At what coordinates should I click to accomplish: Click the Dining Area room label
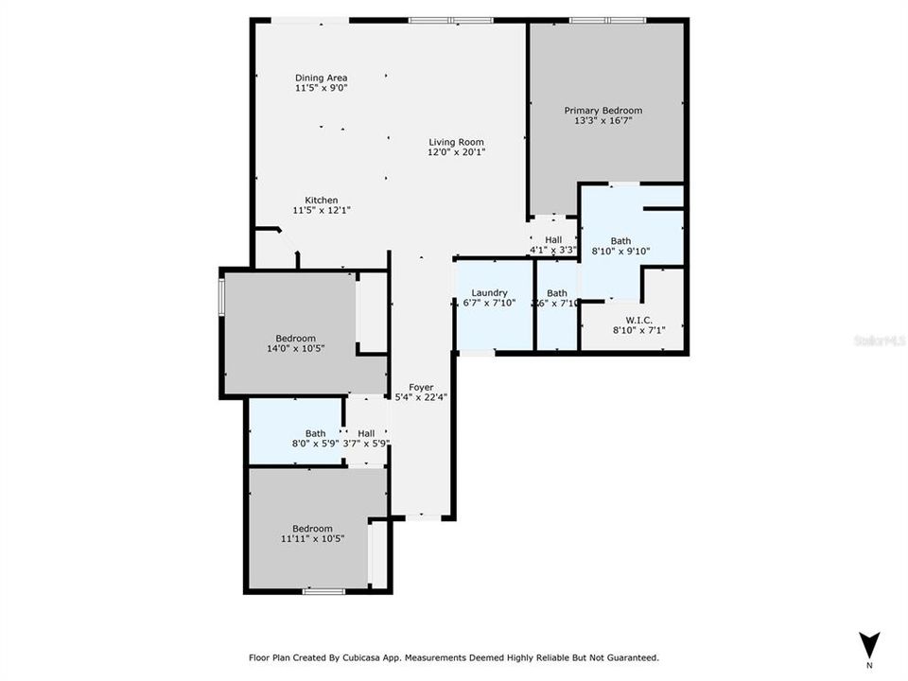(321, 78)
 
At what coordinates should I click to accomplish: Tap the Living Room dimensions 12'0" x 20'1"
(456, 152)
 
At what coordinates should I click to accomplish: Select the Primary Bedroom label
(602, 111)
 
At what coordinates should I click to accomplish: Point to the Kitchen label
(321, 200)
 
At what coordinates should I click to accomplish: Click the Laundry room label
(489, 293)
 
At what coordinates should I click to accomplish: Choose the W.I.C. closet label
(633, 320)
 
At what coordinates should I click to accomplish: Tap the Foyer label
(421, 387)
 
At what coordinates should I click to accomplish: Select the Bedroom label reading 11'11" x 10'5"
(312, 539)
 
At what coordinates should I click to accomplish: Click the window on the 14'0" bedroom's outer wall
(221, 295)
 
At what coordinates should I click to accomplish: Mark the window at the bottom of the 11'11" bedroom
(323, 591)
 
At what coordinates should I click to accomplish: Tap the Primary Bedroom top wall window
(606, 20)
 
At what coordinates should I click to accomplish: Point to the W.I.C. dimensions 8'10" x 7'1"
(633, 331)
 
